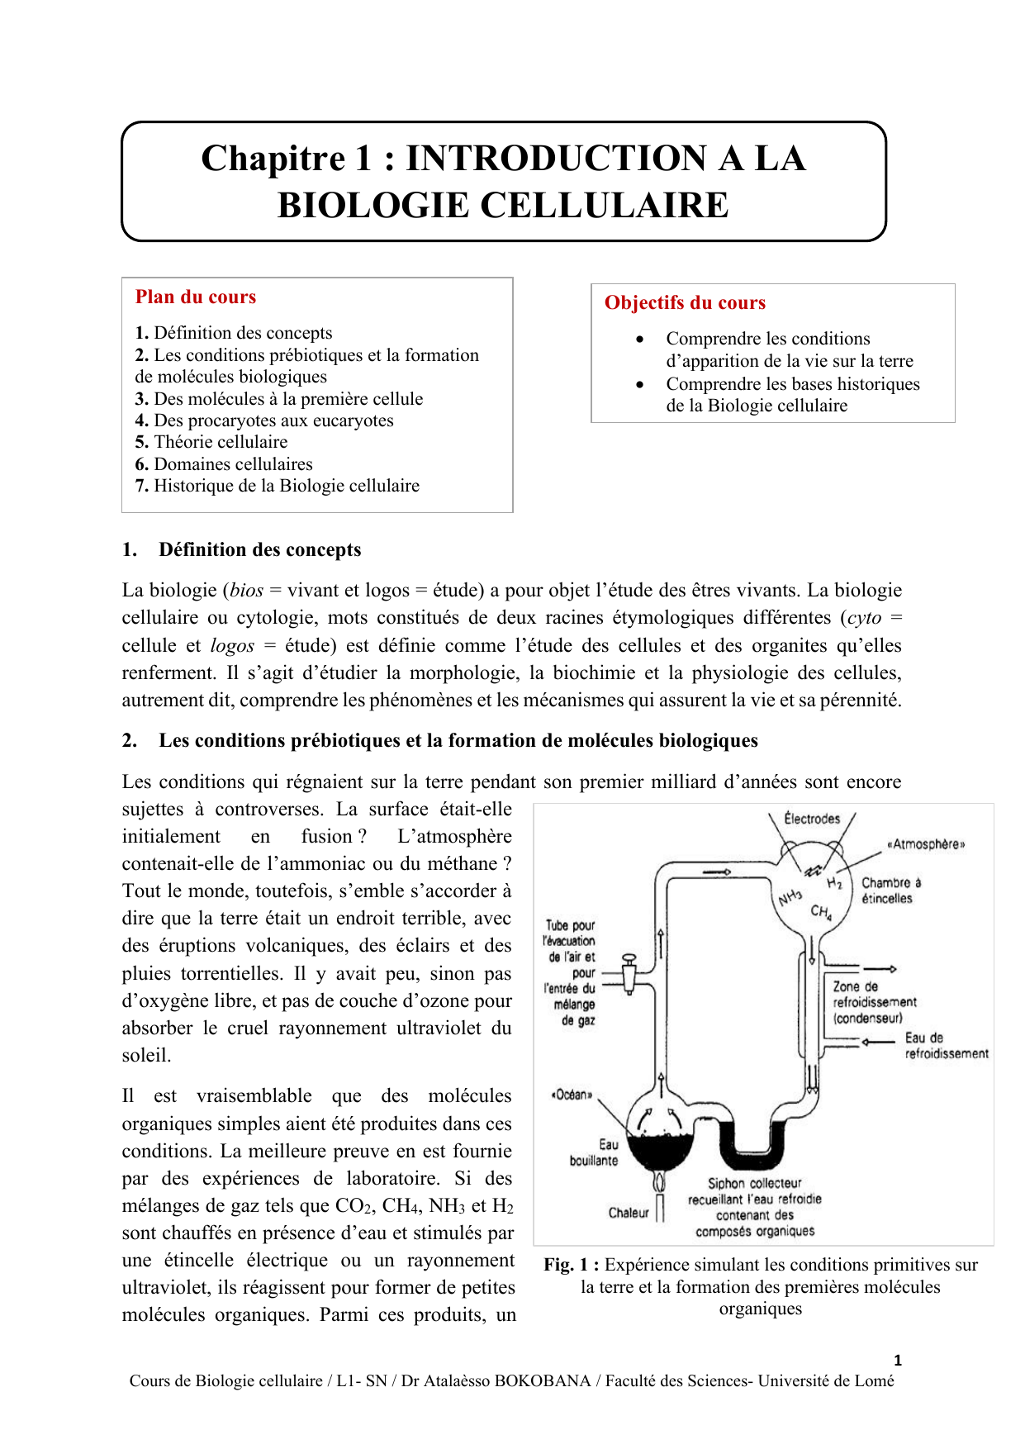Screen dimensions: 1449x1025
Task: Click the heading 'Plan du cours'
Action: [x=196, y=297]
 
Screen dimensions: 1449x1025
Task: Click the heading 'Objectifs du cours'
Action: [x=685, y=303]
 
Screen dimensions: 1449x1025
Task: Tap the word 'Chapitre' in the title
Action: [x=273, y=159]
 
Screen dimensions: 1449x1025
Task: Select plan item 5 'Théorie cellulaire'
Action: [x=211, y=442]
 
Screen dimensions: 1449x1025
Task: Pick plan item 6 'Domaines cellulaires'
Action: [x=224, y=464]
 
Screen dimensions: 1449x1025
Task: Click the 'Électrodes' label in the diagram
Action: [x=812, y=819]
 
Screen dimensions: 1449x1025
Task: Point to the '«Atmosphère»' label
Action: [x=925, y=844]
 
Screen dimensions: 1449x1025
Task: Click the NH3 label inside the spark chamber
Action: [x=790, y=896]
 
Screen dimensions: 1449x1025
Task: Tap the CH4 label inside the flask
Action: [x=821, y=912]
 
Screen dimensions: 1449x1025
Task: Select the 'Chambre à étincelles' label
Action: [x=890, y=891]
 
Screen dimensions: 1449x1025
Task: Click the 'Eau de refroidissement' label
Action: [x=946, y=1046]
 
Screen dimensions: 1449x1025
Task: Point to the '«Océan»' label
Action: [x=572, y=1095]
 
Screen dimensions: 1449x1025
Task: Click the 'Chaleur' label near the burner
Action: [x=629, y=1213]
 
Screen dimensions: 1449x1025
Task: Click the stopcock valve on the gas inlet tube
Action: [x=629, y=974]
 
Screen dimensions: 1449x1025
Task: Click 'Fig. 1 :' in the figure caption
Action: [x=571, y=1265]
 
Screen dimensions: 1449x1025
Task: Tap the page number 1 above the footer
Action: [x=898, y=1361]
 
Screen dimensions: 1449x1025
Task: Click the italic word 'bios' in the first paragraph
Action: [x=247, y=591]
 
